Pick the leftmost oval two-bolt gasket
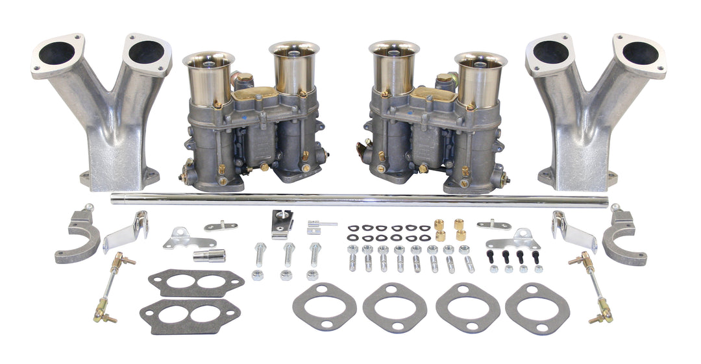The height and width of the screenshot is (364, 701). (325, 306)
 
